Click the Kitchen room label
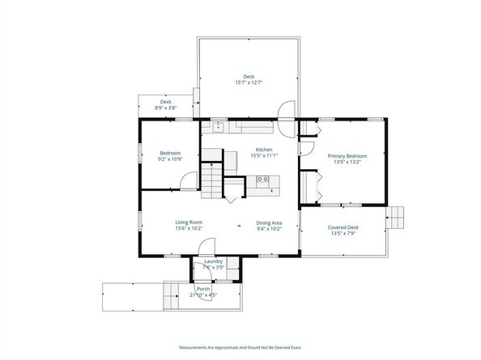click(264, 150)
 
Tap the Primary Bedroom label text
click(347, 155)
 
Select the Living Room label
click(189, 222)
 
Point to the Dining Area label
click(269, 222)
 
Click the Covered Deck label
click(343, 227)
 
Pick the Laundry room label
click(214, 261)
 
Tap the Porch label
click(203, 289)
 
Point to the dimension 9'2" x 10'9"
click(170, 159)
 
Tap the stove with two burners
click(263, 180)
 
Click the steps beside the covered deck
click(394, 217)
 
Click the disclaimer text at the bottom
click(240, 347)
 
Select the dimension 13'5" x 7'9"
click(343, 234)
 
